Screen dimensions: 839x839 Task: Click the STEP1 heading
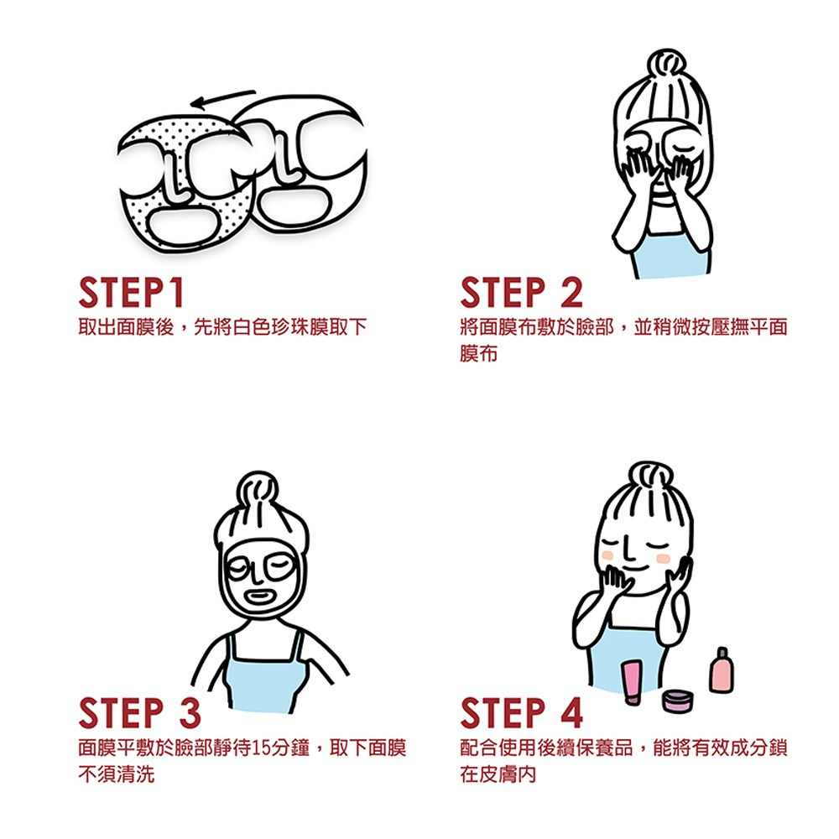(131, 292)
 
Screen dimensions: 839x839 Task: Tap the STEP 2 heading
(521, 292)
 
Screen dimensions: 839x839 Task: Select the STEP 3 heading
(139, 712)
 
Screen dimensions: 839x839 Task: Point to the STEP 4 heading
(521, 712)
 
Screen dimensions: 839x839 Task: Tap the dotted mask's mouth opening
(181, 226)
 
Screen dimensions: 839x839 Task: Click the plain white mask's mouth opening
(294, 202)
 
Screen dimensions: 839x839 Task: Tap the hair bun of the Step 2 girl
(666, 64)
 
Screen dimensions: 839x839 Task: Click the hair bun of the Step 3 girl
(258, 487)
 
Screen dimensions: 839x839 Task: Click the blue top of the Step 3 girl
(263, 677)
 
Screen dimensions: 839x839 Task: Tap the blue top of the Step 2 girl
(670, 255)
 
